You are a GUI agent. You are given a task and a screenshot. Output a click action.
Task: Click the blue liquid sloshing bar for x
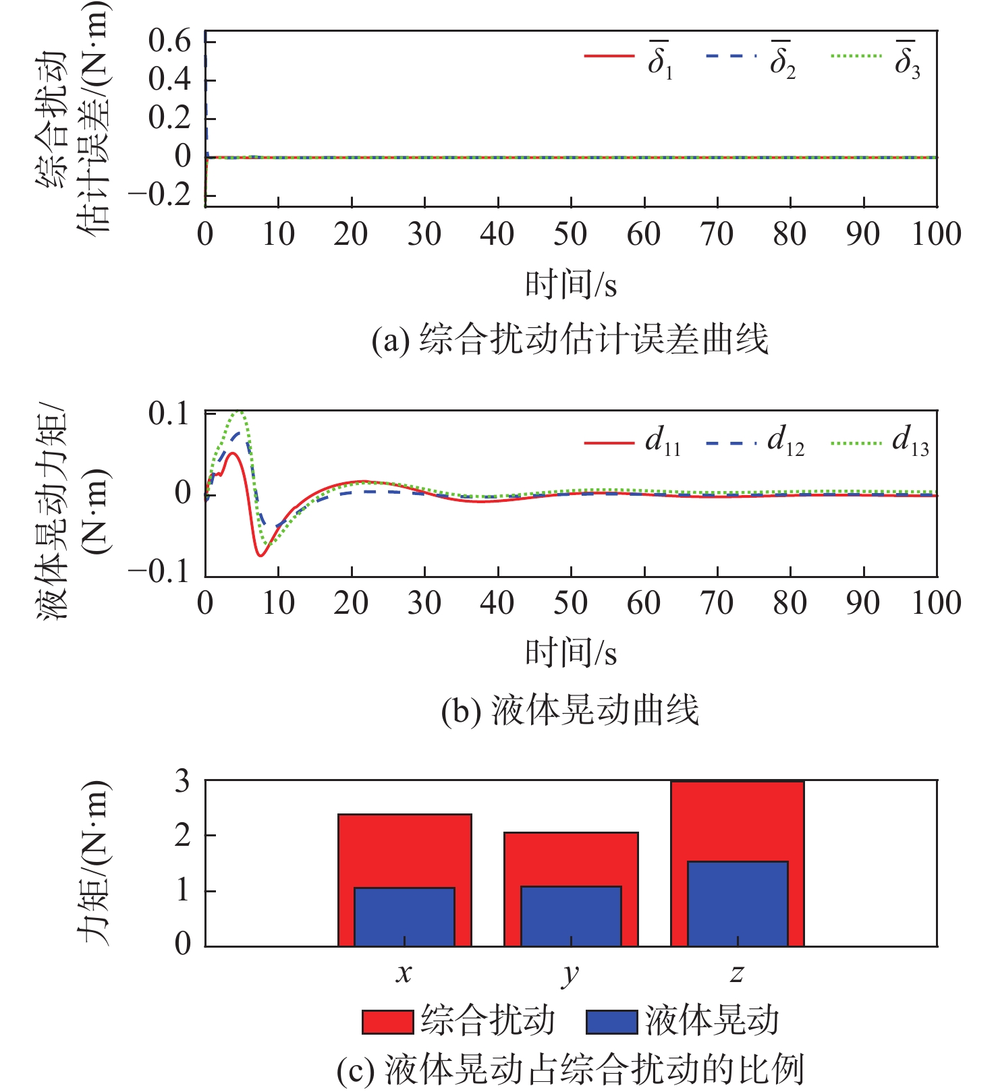[404, 917]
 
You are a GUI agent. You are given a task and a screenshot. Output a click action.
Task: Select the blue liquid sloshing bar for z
[738, 904]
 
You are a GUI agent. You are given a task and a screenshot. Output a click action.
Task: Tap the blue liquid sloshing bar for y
[571, 917]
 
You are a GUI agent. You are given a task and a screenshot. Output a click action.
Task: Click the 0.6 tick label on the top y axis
[169, 42]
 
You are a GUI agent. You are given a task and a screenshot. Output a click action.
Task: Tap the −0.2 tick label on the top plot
[160, 196]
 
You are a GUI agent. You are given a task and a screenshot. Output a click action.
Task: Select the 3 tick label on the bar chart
[182, 782]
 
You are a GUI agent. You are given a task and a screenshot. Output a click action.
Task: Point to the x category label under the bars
[404, 973]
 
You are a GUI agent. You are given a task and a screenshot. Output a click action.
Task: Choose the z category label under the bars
[737, 973]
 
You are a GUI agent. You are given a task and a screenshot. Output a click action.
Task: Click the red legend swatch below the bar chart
[387, 1022]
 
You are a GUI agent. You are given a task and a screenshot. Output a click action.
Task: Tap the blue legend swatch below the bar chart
[611, 1022]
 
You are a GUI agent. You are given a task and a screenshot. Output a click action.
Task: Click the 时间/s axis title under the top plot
[571, 285]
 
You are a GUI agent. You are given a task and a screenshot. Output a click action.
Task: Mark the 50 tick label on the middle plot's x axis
[570, 603]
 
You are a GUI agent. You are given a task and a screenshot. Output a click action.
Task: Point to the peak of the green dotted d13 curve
[240, 412]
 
